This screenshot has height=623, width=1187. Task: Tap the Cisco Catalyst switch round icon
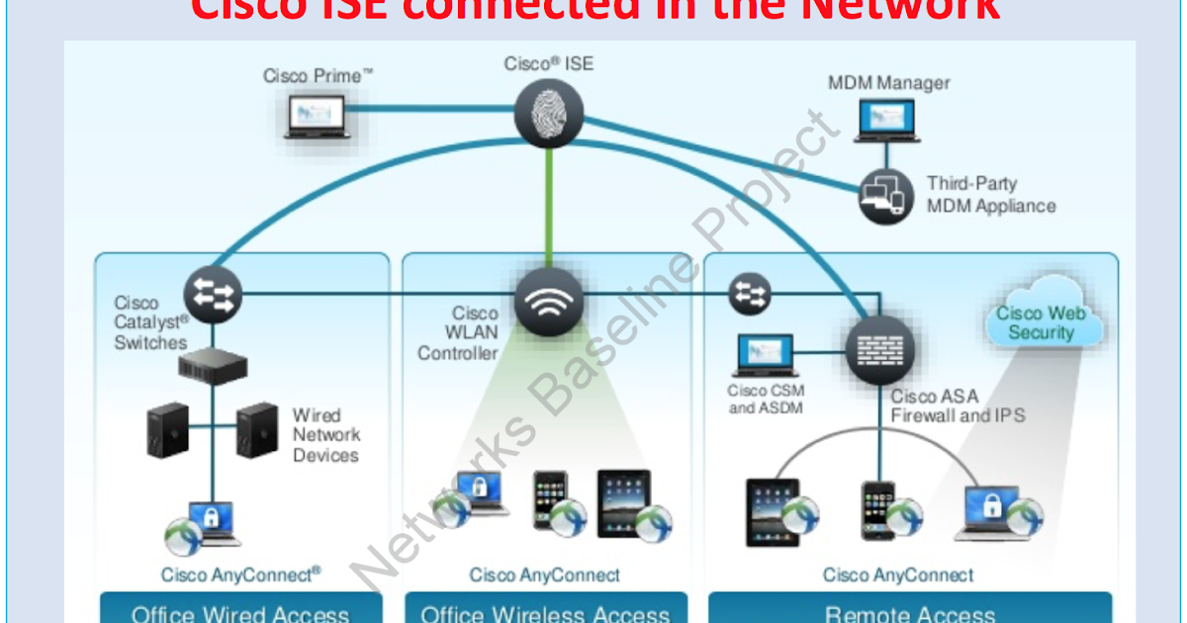pos(212,294)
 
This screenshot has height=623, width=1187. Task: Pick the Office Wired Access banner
pos(240,609)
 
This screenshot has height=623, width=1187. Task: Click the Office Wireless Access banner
pos(545,609)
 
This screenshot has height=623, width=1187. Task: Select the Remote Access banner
pos(910,609)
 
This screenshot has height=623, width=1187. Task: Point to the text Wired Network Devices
pos(325,435)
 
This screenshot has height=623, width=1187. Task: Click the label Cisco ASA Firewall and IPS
pos(958,405)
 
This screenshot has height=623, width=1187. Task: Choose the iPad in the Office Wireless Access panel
pos(625,502)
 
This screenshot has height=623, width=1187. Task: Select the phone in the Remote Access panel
pos(878,510)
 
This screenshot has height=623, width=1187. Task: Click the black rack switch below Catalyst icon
pos(213,365)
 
